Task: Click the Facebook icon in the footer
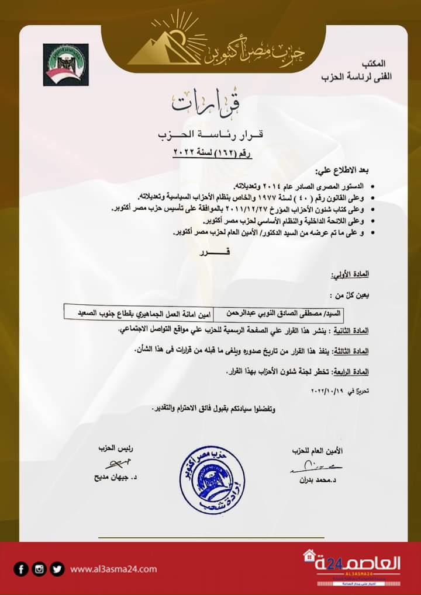pyautogui.click(x=22, y=569)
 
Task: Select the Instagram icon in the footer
pyautogui.click(x=39, y=569)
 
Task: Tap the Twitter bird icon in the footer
pyautogui.click(x=57, y=569)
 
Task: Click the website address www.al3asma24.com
pyautogui.click(x=113, y=569)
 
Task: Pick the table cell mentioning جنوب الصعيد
pyautogui.click(x=139, y=314)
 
